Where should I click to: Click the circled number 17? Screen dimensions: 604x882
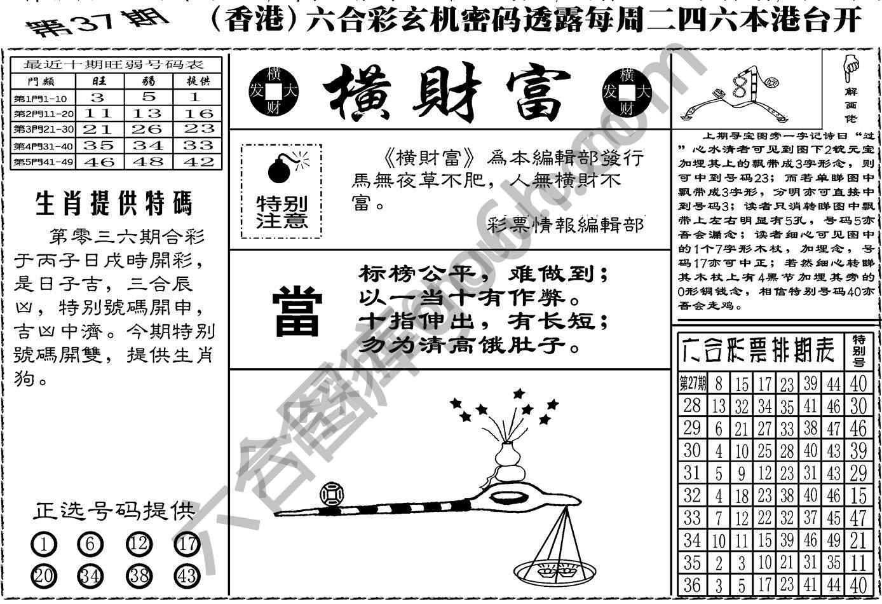187,544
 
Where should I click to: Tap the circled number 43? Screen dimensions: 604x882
187,575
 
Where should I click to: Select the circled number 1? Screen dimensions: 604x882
43,544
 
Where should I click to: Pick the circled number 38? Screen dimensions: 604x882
139,575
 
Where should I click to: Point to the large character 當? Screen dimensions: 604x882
297,311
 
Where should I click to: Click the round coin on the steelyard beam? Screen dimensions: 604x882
332,494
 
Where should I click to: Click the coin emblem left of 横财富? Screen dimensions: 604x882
274,90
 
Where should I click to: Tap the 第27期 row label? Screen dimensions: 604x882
693,383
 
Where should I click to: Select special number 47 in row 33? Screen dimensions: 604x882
858,517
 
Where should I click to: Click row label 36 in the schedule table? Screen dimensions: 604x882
693,585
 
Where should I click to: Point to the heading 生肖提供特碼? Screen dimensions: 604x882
114,205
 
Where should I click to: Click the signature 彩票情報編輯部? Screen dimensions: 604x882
566,224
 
